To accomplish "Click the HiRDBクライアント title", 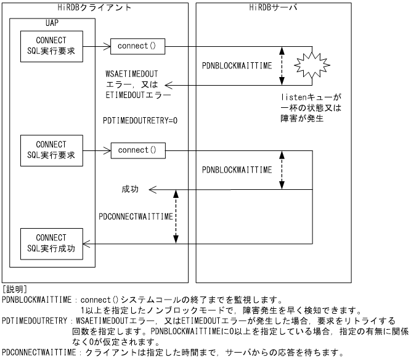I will [94, 7].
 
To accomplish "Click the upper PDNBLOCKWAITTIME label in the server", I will [237, 65].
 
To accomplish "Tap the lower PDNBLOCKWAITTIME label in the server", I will [237, 169].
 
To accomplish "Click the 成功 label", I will [130, 189].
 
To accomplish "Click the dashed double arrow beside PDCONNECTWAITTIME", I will [177, 216].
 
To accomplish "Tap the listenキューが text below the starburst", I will [311, 97].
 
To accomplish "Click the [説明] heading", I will [14, 288].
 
